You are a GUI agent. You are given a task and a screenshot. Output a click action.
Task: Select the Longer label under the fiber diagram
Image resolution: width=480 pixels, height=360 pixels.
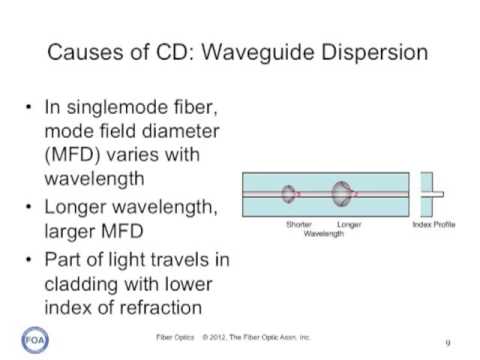click(349, 224)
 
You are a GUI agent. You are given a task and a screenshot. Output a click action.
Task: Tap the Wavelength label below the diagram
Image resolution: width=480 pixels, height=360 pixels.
click(323, 232)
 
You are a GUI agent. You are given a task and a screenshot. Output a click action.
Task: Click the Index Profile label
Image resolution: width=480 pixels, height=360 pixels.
click(434, 224)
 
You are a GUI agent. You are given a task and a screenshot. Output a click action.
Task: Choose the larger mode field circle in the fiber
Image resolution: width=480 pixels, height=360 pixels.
click(343, 193)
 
